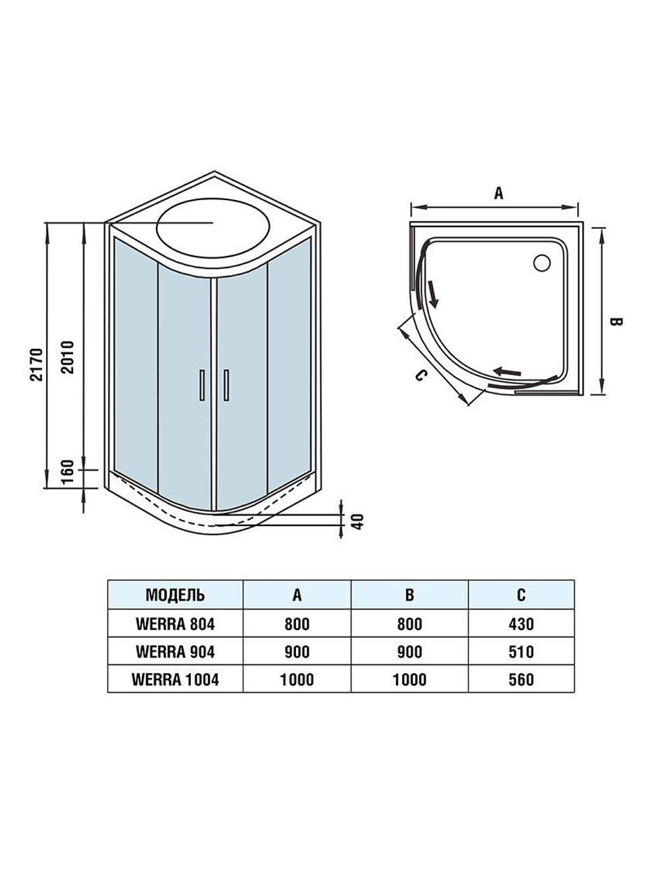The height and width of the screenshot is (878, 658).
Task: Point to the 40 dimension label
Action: tap(357, 521)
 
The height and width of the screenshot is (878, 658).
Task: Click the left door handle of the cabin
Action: tap(201, 385)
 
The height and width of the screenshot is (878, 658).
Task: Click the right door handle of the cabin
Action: tap(226, 385)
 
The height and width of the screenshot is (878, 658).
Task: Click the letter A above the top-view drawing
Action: tap(498, 193)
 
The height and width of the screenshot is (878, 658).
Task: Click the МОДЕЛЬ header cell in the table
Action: tap(175, 596)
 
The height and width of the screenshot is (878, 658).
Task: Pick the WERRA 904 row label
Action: tap(175, 652)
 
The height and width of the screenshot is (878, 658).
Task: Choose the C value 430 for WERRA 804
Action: tap(521, 624)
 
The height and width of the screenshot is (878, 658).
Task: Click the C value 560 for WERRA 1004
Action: tap(521, 679)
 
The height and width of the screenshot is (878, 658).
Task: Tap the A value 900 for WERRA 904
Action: tap(297, 652)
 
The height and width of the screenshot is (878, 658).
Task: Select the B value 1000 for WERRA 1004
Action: tap(409, 679)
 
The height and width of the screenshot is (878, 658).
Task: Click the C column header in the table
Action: tap(521, 596)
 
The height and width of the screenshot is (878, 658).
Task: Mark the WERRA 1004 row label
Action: tap(175, 679)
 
